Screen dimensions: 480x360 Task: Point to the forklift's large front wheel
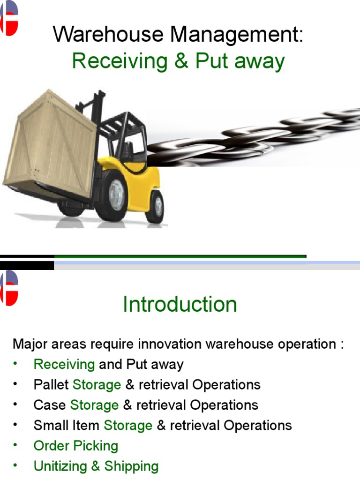click(x=113, y=195)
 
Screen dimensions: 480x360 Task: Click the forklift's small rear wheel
click(x=155, y=207)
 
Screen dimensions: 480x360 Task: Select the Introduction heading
click(x=180, y=305)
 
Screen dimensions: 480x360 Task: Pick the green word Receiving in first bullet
click(x=64, y=365)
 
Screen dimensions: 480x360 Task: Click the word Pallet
click(x=52, y=385)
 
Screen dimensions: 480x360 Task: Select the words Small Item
click(x=66, y=426)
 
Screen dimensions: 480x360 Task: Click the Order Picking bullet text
click(x=76, y=446)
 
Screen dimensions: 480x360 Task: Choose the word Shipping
click(x=131, y=466)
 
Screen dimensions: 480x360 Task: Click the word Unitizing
click(x=60, y=466)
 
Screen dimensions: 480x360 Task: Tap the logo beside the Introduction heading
click(x=9, y=288)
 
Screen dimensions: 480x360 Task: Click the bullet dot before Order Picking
click(x=15, y=445)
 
